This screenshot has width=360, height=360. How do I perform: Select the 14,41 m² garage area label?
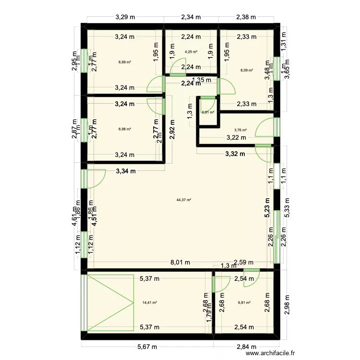(150, 302)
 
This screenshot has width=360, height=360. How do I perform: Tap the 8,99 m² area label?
(125, 62)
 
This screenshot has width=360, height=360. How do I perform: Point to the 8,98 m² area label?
(125, 129)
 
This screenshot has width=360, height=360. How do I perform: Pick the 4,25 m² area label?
(191, 51)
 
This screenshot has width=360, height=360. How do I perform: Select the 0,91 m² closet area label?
(208, 112)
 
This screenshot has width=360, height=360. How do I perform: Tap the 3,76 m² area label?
(240, 130)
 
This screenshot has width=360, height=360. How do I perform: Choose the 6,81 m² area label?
(245, 302)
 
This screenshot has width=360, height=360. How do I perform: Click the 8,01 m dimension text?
(180, 263)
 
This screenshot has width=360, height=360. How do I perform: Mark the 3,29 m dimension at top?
(125, 17)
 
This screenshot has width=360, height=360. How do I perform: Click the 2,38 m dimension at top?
(246, 17)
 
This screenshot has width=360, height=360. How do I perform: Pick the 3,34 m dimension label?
(125, 170)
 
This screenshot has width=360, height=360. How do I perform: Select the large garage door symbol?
(109, 302)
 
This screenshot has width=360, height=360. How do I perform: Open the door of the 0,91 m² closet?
(208, 103)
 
